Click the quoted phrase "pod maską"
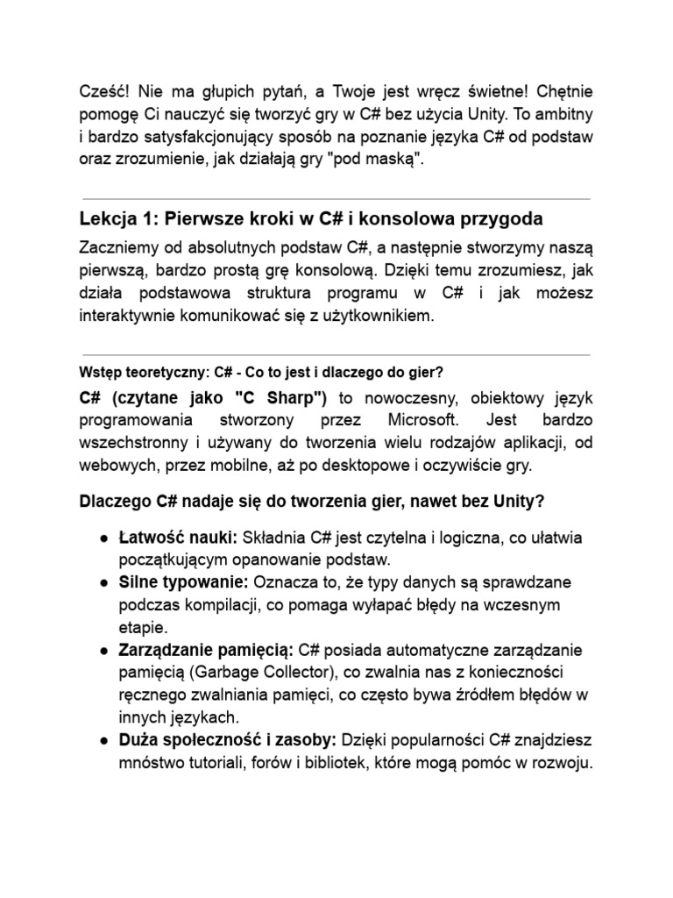pos(382,160)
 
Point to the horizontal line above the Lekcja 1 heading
pos(336,198)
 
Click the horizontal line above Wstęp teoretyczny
pos(336,355)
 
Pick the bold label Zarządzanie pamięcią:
pos(207,651)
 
